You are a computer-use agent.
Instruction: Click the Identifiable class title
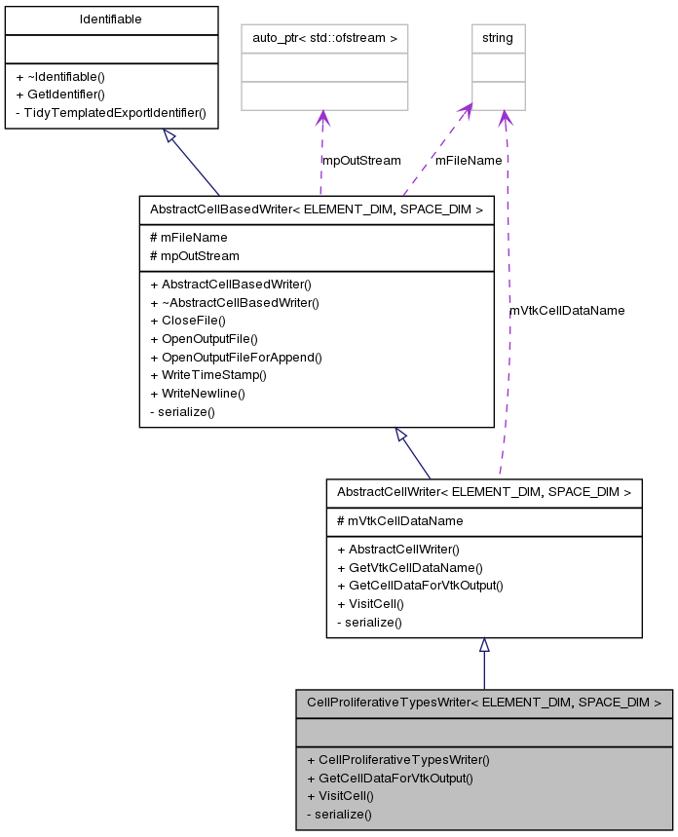point(111,19)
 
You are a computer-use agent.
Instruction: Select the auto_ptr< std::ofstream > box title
point(323,38)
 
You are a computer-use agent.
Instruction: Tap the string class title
point(498,38)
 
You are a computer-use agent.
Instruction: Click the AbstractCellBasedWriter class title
point(317,209)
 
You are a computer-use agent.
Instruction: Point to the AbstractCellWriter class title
point(483,492)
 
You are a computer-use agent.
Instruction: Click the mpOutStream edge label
point(361,160)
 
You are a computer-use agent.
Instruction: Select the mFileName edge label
point(469,160)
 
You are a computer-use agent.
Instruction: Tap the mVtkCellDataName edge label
point(567,310)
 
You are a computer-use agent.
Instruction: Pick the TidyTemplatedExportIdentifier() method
point(111,112)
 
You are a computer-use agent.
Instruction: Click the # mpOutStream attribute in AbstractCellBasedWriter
point(194,255)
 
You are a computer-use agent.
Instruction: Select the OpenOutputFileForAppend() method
point(236,357)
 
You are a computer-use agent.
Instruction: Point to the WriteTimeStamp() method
point(208,375)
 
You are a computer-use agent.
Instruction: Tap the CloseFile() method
point(188,321)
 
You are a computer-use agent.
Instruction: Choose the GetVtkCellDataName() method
point(409,567)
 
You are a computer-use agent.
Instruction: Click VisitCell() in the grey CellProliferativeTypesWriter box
point(340,795)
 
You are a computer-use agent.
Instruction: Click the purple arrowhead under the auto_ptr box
point(322,118)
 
